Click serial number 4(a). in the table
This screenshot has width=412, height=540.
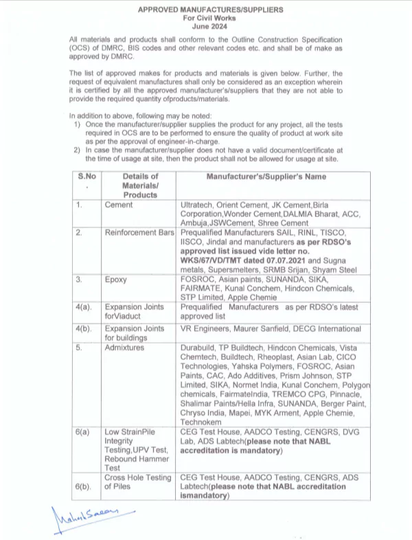87,308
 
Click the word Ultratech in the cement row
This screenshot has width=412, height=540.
199,205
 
